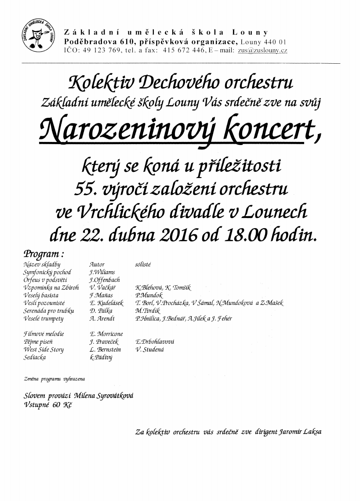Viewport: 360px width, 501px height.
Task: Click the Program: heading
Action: click(44, 254)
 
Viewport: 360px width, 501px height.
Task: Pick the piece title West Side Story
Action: click(44, 349)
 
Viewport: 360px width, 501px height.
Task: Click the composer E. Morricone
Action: click(106, 334)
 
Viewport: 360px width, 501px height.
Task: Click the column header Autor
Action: click(97, 265)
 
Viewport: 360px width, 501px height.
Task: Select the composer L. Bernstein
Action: click(105, 349)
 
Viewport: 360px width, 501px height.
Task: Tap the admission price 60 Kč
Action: click(61, 404)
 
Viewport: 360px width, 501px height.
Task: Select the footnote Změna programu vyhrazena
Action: click(55, 378)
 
